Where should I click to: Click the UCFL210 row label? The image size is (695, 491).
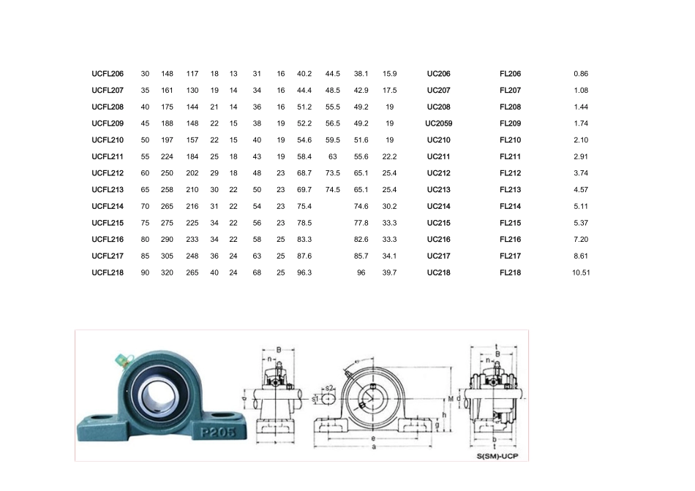pyautogui.click(x=108, y=140)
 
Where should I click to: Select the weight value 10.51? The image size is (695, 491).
pyautogui.click(x=581, y=273)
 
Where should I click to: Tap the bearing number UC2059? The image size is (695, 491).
pyautogui.click(x=438, y=123)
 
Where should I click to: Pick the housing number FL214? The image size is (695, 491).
pyautogui.click(x=510, y=206)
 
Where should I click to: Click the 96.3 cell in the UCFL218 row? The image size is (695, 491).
pyautogui.click(x=304, y=273)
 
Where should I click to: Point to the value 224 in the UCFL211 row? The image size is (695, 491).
pyautogui.click(x=167, y=157)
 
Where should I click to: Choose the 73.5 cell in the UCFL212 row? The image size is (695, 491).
pyautogui.click(x=332, y=173)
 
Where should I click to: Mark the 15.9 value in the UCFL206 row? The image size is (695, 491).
pyautogui.click(x=389, y=74)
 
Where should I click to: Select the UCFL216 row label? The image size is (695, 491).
pyautogui.click(x=108, y=240)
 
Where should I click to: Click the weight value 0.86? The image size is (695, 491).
pyautogui.click(x=581, y=74)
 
